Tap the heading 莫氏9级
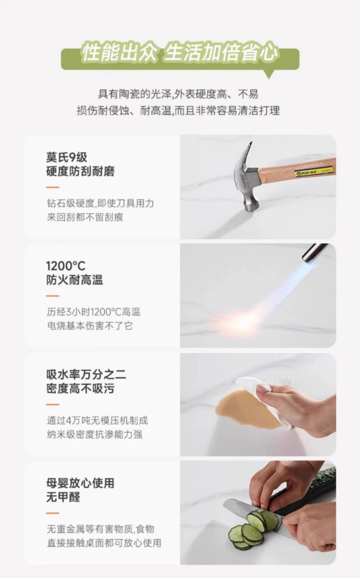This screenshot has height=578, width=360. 67,157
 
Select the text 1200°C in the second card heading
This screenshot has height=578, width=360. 66,266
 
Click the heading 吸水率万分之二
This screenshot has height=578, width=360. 86,374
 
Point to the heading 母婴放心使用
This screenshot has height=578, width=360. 80,483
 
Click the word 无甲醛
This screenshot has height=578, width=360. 63,497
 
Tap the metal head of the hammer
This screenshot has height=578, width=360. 248,178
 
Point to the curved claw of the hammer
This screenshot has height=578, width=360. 244,155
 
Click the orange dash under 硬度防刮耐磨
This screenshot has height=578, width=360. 53,187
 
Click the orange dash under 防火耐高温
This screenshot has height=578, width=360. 53,296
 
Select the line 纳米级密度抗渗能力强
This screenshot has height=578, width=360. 95,434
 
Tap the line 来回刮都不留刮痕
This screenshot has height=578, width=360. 85,217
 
